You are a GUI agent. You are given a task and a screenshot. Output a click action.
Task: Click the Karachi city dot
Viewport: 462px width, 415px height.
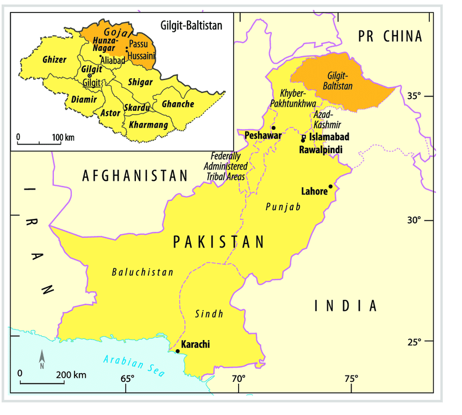[x=178, y=351]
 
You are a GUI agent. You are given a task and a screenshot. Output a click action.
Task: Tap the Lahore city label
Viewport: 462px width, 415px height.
[x=314, y=191]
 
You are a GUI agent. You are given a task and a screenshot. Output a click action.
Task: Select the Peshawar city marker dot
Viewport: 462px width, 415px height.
[x=273, y=128]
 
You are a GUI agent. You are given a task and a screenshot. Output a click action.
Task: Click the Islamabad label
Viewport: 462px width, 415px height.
[x=329, y=137]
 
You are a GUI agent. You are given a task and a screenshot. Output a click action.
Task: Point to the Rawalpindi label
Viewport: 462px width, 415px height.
[x=321, y=149]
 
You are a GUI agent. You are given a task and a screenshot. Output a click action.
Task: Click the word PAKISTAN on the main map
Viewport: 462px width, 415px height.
[x=218, y=242]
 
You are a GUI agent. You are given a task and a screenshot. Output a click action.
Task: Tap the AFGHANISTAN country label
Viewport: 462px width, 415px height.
[x=135, y=175]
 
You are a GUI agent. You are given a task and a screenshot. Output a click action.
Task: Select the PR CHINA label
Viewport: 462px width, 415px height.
[x=390, y=36]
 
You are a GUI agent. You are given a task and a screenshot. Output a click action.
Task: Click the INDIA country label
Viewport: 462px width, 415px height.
[x=346, y=306]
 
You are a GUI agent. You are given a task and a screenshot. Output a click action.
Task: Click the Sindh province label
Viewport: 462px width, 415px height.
[x=209, y=314]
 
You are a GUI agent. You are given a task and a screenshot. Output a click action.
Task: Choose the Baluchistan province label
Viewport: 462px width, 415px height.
[x=142, y=272]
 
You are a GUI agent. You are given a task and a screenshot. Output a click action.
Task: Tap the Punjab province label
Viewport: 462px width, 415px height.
[x=283, y=207]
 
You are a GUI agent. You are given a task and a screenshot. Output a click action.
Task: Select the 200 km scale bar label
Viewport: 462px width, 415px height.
[x=71, y=375]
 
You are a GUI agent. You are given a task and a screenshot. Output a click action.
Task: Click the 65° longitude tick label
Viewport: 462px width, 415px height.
[x=127, y=379]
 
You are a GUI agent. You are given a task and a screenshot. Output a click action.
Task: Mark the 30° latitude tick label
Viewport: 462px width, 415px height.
[x=414, y=221]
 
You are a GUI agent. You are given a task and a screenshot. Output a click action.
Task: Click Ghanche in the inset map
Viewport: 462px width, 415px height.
[x=178, y=104]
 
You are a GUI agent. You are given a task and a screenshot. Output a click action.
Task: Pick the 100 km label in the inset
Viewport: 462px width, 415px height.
[x=63, y=137]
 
